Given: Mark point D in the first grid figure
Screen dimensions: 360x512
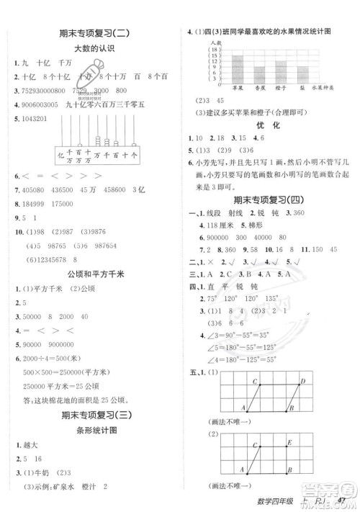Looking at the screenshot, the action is (302, 382).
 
